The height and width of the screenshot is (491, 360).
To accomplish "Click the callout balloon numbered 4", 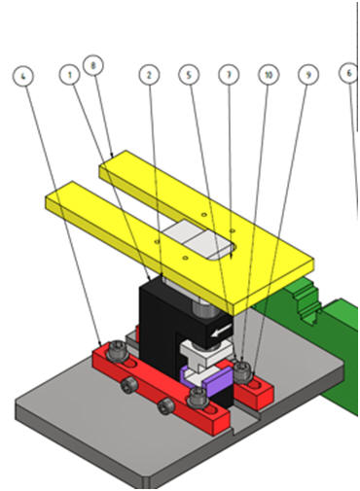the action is pyautogui.click(x=22, y=76).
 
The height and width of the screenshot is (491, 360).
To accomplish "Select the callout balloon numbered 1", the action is pyautogui.click(x=69, y=75).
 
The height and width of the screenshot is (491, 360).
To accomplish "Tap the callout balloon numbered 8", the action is pyautogui.click(x=93, y=65).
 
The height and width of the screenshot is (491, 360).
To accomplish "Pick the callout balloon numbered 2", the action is pyautogui.click(x=149, y=75).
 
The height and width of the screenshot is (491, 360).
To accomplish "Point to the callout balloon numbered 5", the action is pyautogui.click(x=189, y=75).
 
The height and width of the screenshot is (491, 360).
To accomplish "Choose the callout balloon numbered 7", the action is pyautogui.click(x=229, y=75).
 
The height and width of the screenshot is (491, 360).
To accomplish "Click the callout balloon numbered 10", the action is pyautogui.click(x=269, y=75).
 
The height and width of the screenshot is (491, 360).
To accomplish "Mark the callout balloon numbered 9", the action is pyautogui.click(x=308, y=75).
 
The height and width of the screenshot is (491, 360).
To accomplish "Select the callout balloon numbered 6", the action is pyautogui.click(x=349, y=74).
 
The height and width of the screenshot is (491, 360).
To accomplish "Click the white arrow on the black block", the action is pyautogui.click(x=221, y=331).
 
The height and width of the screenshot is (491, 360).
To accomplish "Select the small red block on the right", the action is pyautogui.click(x=254, y=391).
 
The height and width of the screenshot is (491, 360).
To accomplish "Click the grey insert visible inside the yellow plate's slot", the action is pyautogui.click(x=198, y=240).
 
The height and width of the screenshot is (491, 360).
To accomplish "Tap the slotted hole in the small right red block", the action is pyautogui.click(x=255, y=385).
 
